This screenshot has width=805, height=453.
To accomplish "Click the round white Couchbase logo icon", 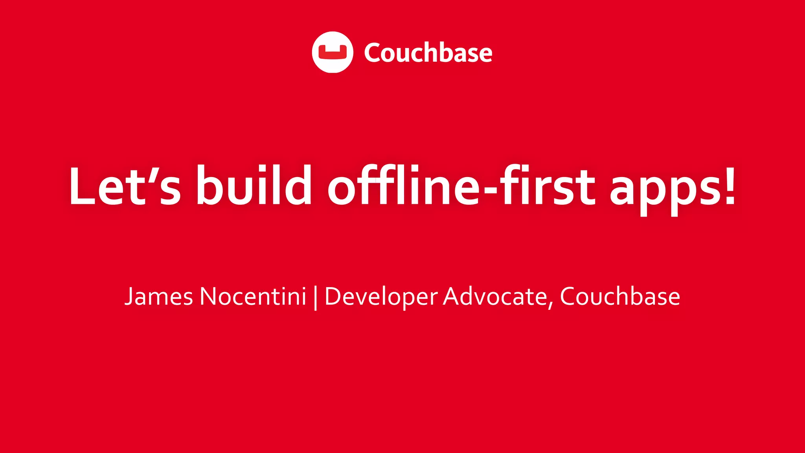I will click(333, 52).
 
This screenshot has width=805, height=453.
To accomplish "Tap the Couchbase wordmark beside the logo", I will click(428, 53).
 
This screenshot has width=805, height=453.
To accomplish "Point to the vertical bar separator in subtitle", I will click(316, 298).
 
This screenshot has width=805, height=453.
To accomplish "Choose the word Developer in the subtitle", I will click(381, 297).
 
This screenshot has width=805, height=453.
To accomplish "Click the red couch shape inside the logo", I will click(333, 52).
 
